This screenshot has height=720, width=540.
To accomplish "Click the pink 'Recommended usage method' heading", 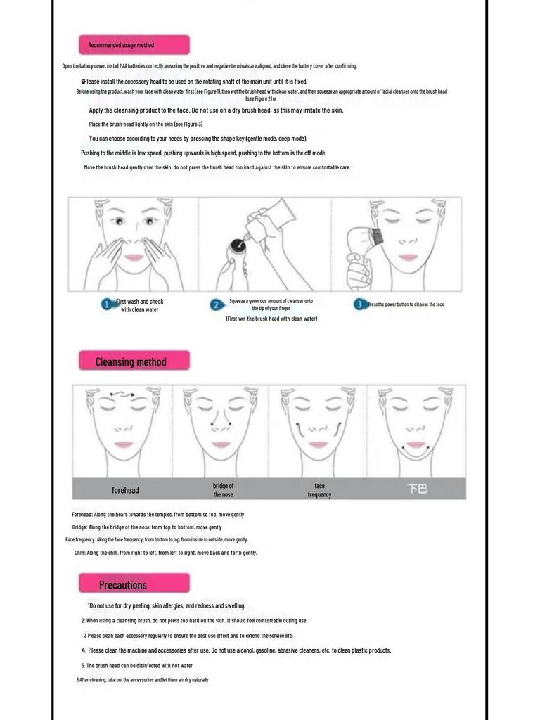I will coord(134,45).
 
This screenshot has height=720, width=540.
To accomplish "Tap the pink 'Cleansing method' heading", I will coord(134,361).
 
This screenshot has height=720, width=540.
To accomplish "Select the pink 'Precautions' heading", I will coord(134,584).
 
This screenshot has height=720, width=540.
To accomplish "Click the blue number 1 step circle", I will coord(106,304).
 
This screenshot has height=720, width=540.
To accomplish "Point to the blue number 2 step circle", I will coord(216,304).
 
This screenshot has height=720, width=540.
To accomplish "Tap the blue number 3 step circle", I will coord(360,304).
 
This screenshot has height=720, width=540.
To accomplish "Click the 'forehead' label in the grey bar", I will coord(125,490).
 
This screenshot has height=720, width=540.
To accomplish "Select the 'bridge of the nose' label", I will coord(223,490).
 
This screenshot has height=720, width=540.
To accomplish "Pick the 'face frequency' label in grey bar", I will coord(319,490).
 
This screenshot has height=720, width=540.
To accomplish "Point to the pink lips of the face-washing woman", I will coord(134,257).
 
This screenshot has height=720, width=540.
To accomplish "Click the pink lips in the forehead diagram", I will coord(124,444).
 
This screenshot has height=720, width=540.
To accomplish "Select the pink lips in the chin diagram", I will coord(416,444).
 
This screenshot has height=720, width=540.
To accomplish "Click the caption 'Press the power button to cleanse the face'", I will coord(406,304).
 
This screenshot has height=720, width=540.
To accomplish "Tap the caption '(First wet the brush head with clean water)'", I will coord(271,319).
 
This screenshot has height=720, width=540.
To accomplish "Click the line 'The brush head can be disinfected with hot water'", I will coord(139,665).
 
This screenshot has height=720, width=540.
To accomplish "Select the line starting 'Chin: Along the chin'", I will coord(165,553).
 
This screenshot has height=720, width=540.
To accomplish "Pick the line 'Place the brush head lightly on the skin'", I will coord(146,124).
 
